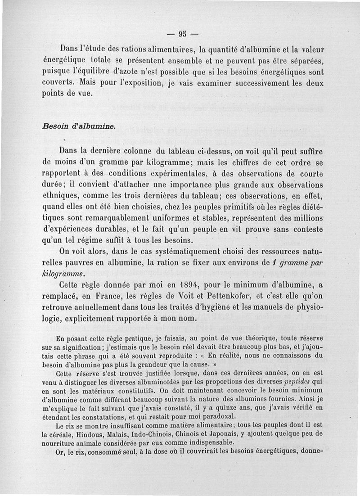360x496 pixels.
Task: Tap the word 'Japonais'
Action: [217, 433]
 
